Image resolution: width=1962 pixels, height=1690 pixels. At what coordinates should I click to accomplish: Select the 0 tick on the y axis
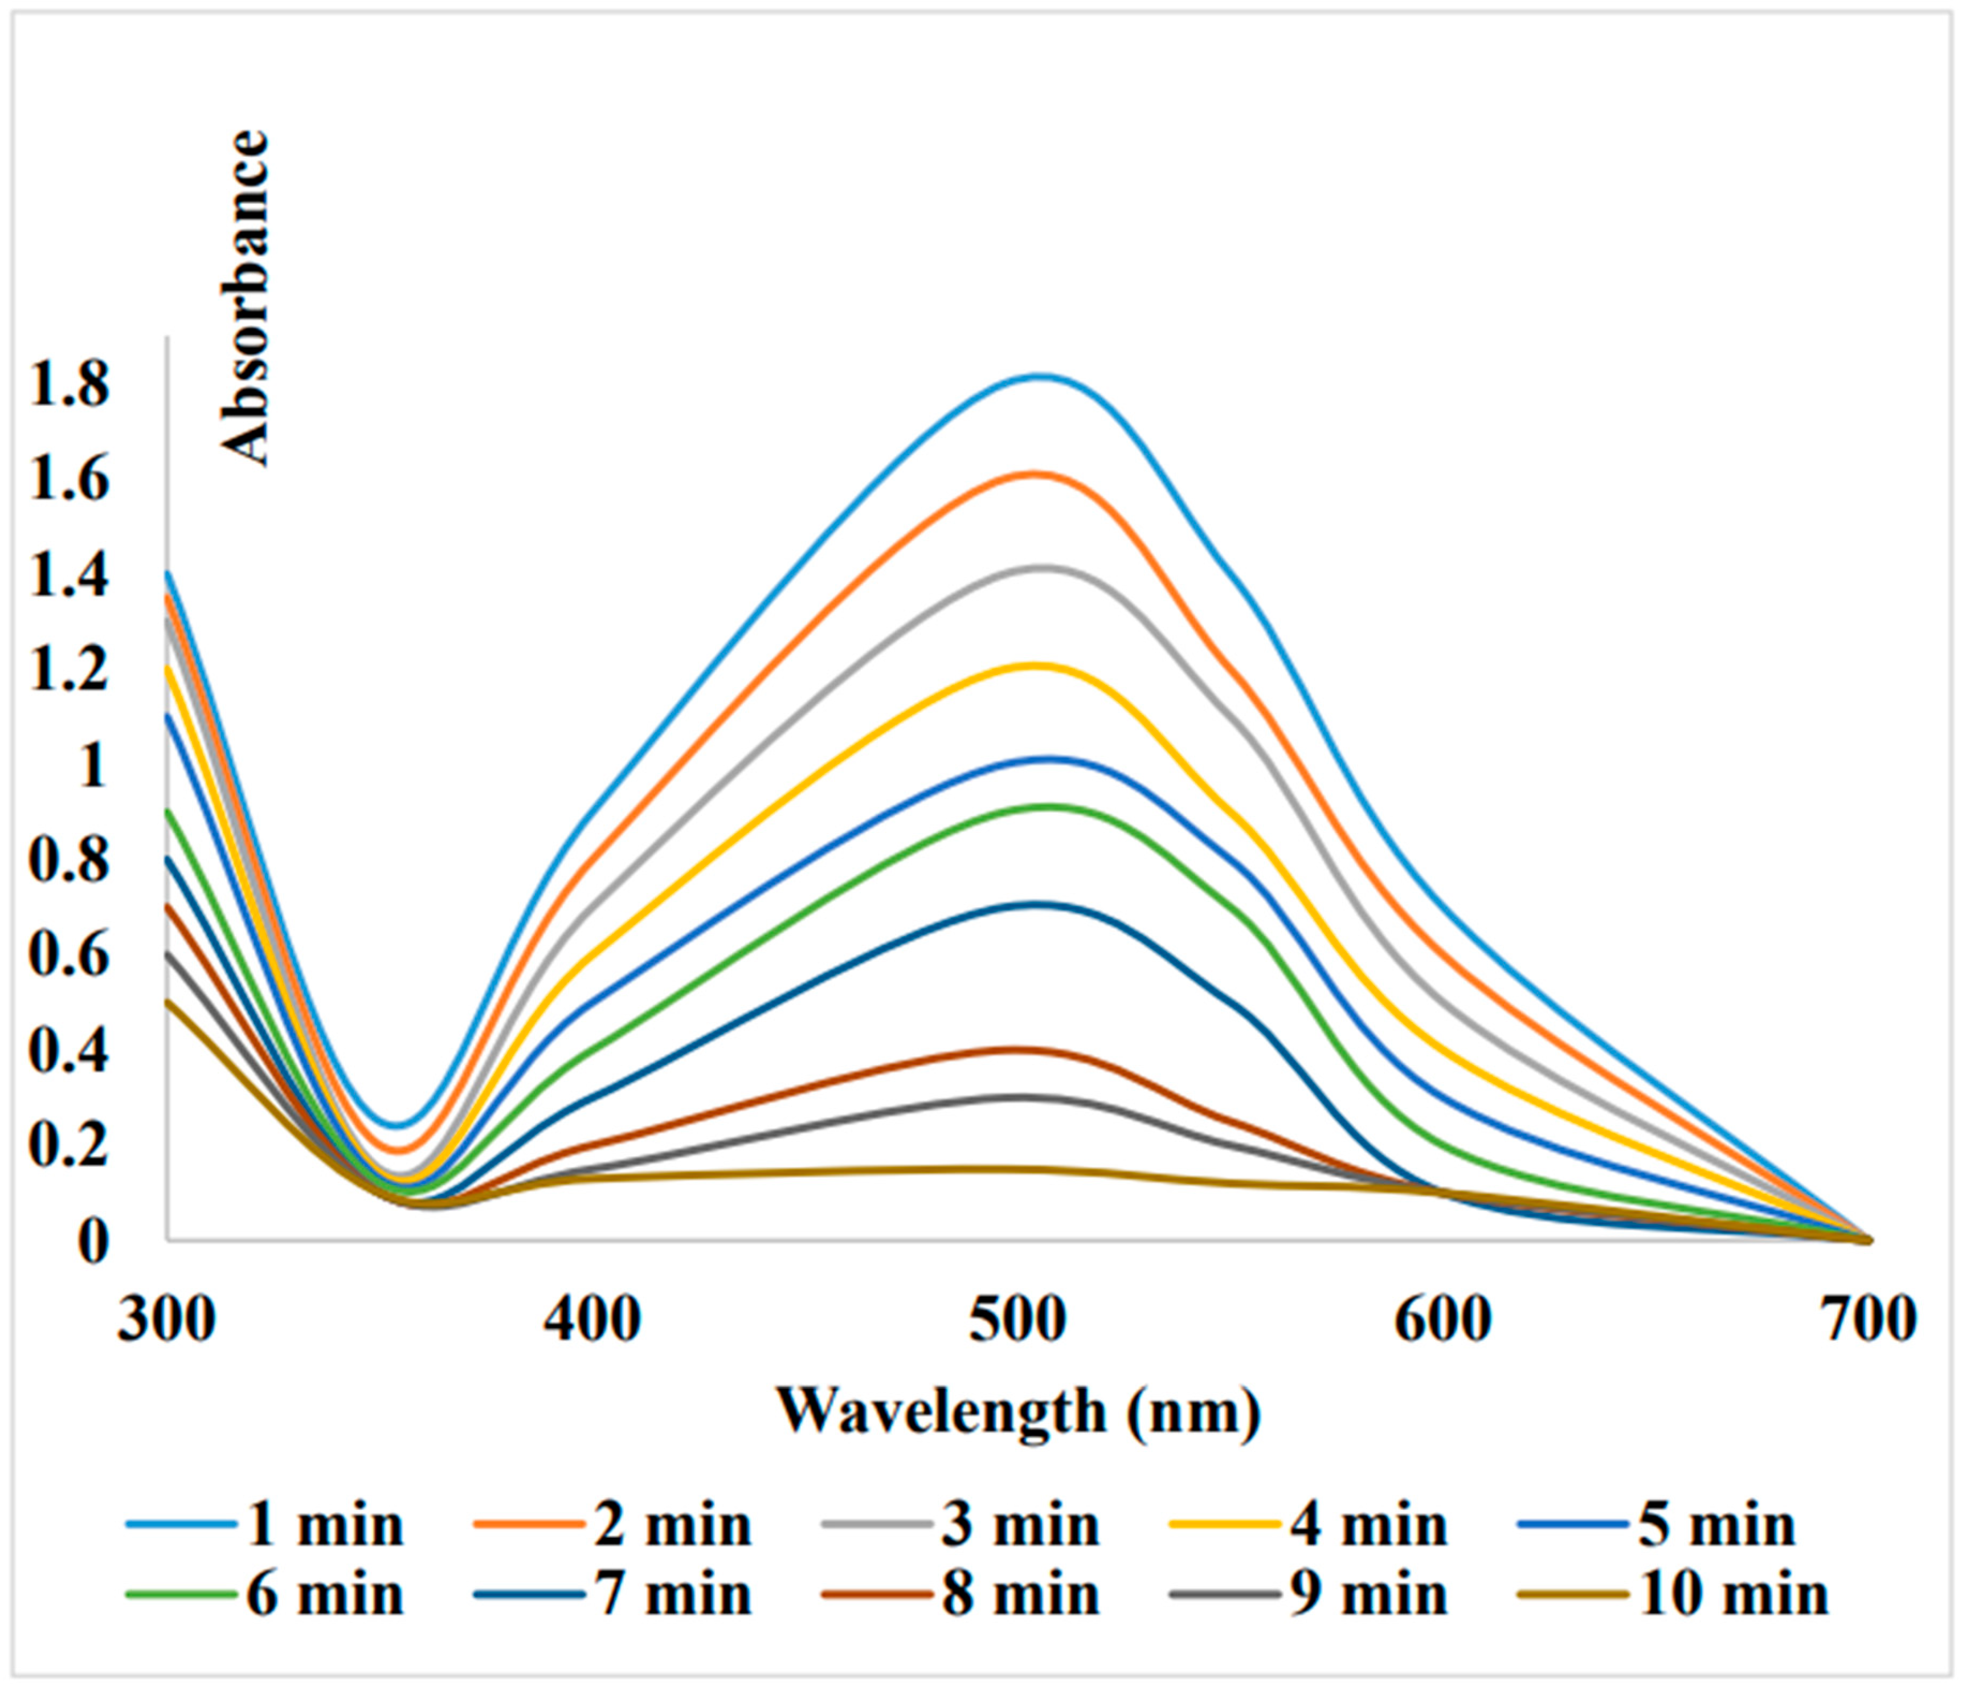pyautogui.click(x=92, y=1241)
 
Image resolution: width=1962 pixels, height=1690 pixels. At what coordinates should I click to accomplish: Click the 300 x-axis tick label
pyautogui.click(x=167, y=1320)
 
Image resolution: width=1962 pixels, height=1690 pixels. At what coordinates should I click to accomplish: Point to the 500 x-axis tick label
pyautogui.click(x=1019, y=1320)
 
